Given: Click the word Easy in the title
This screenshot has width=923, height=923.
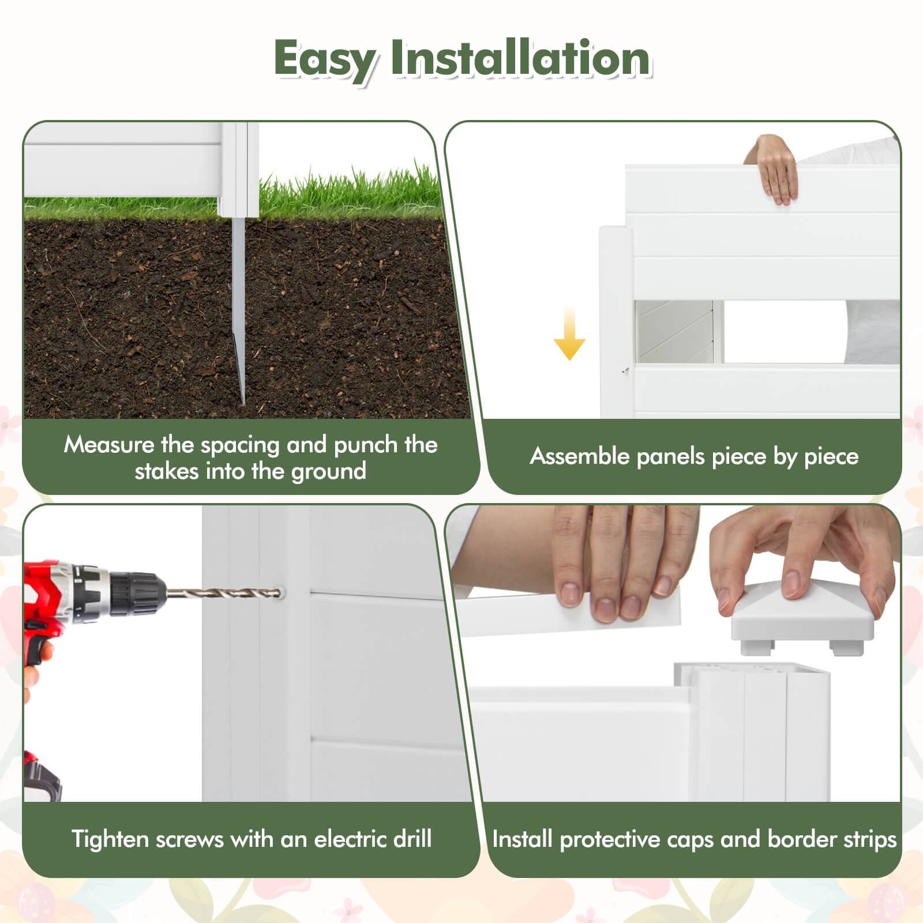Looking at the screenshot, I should pos(325,59).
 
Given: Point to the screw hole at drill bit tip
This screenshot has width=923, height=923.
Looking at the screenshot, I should pos(280,591).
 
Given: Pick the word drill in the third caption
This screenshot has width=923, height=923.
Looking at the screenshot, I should pos(412,839).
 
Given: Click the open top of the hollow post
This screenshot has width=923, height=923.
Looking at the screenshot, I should pos(750,669).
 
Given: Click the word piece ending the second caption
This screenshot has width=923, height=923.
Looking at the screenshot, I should pos(831,456).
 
